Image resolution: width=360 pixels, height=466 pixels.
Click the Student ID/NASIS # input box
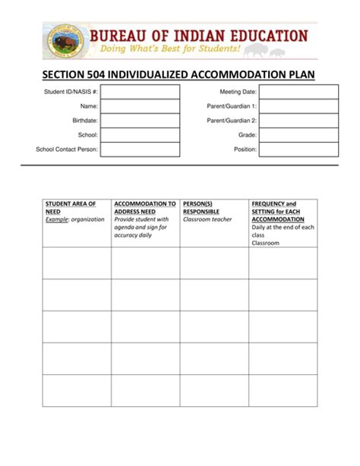[140, 92]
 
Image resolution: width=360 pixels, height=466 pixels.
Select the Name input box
[140, 106]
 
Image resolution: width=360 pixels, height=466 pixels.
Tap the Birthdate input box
[140, 121]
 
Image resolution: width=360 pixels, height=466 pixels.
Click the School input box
[140, 135]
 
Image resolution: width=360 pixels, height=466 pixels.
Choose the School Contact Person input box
[140, 150]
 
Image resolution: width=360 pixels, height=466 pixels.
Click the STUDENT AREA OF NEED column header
[71, 208]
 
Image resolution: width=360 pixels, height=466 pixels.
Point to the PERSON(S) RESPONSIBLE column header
[201, 208]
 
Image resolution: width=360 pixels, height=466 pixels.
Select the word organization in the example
[87, 219]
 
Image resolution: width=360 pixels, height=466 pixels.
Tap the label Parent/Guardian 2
[232, 121]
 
